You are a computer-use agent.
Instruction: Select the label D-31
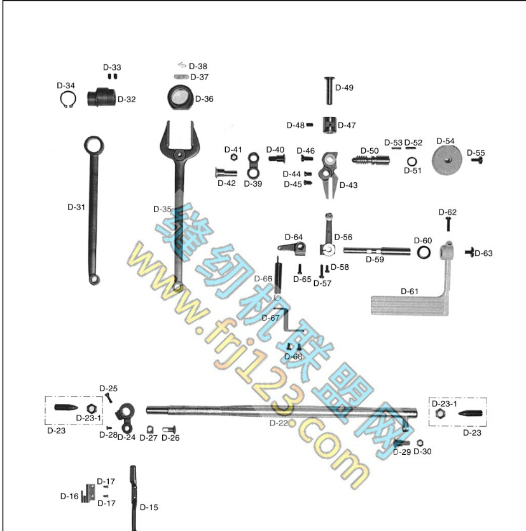tap(76, 206)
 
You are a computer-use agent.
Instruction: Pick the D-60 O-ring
tap(424, 253)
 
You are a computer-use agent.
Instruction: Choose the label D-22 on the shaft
tap(279, 422)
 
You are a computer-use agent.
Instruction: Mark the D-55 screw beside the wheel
tap(476, 161)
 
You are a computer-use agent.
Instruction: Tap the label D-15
tap(149, 507)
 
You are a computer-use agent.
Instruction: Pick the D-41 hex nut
tap(232, 157)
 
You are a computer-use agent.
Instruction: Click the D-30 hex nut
tap(420, 443)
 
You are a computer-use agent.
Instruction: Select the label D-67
tap(270, 318)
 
